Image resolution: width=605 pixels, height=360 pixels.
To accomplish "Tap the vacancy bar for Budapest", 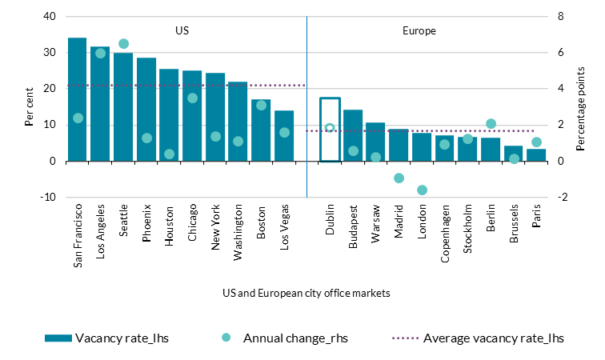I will [353, 135].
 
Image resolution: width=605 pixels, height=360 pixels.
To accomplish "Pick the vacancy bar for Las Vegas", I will [284, 136].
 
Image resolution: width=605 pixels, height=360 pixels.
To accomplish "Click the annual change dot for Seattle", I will [123, 43].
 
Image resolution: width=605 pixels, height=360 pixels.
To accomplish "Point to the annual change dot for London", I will [422, 190].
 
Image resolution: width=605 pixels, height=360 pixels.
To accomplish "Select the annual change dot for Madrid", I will [399, 178].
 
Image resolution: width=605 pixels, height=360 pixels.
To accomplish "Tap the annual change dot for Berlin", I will [491, 124].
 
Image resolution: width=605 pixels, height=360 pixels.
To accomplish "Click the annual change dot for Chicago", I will [192, 98].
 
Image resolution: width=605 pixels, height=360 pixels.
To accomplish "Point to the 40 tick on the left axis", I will [50, 17].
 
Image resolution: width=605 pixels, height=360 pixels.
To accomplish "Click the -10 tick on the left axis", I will [47, 197].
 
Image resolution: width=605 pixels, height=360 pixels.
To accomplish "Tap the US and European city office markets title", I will [307, 293].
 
